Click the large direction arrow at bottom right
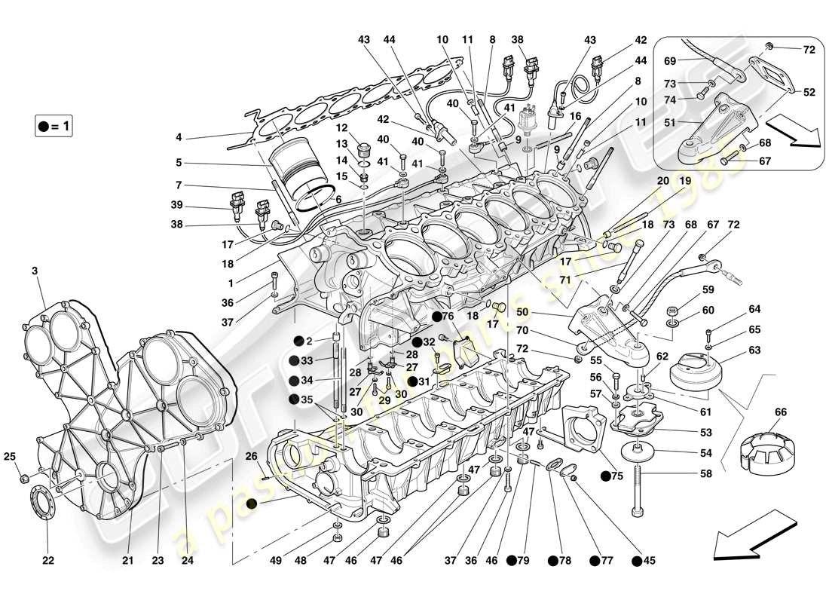coord(754,534)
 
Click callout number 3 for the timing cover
coord(35,270)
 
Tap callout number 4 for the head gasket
coord(179,137)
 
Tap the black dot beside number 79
coord(511,560)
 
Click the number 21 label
coord(128,560)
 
